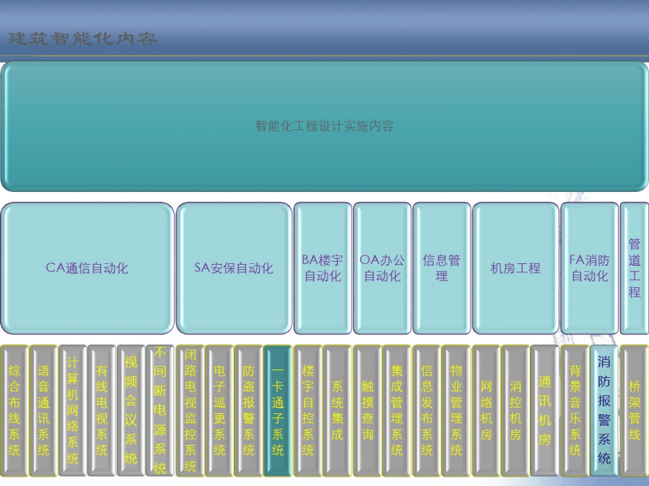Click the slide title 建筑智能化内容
(x=83, y=39)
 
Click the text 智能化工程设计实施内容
(x=324, y=126)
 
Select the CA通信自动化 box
(x=87, y=268)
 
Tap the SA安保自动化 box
(x=234, y=268)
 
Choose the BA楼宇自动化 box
(x=322, y=268)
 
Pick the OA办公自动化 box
(x=382, y=268)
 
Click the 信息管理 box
(x=441, y=268)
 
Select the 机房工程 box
(x=515, y=268)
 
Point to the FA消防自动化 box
(x=590, y=268)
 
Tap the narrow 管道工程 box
(x=634, y=268)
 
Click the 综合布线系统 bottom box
(x=14, y=410)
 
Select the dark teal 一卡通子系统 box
(x=278, y=410)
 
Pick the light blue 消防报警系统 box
(x=604, y=410)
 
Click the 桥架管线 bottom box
(x=634, y=410)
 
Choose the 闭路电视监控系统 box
(x=190, y=410)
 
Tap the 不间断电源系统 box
(x=160, y=410)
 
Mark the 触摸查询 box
(x=367, y=410)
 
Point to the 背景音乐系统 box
(x=575, y=410)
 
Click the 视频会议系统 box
(x=131, y=410)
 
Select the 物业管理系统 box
(x=456, y=410)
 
